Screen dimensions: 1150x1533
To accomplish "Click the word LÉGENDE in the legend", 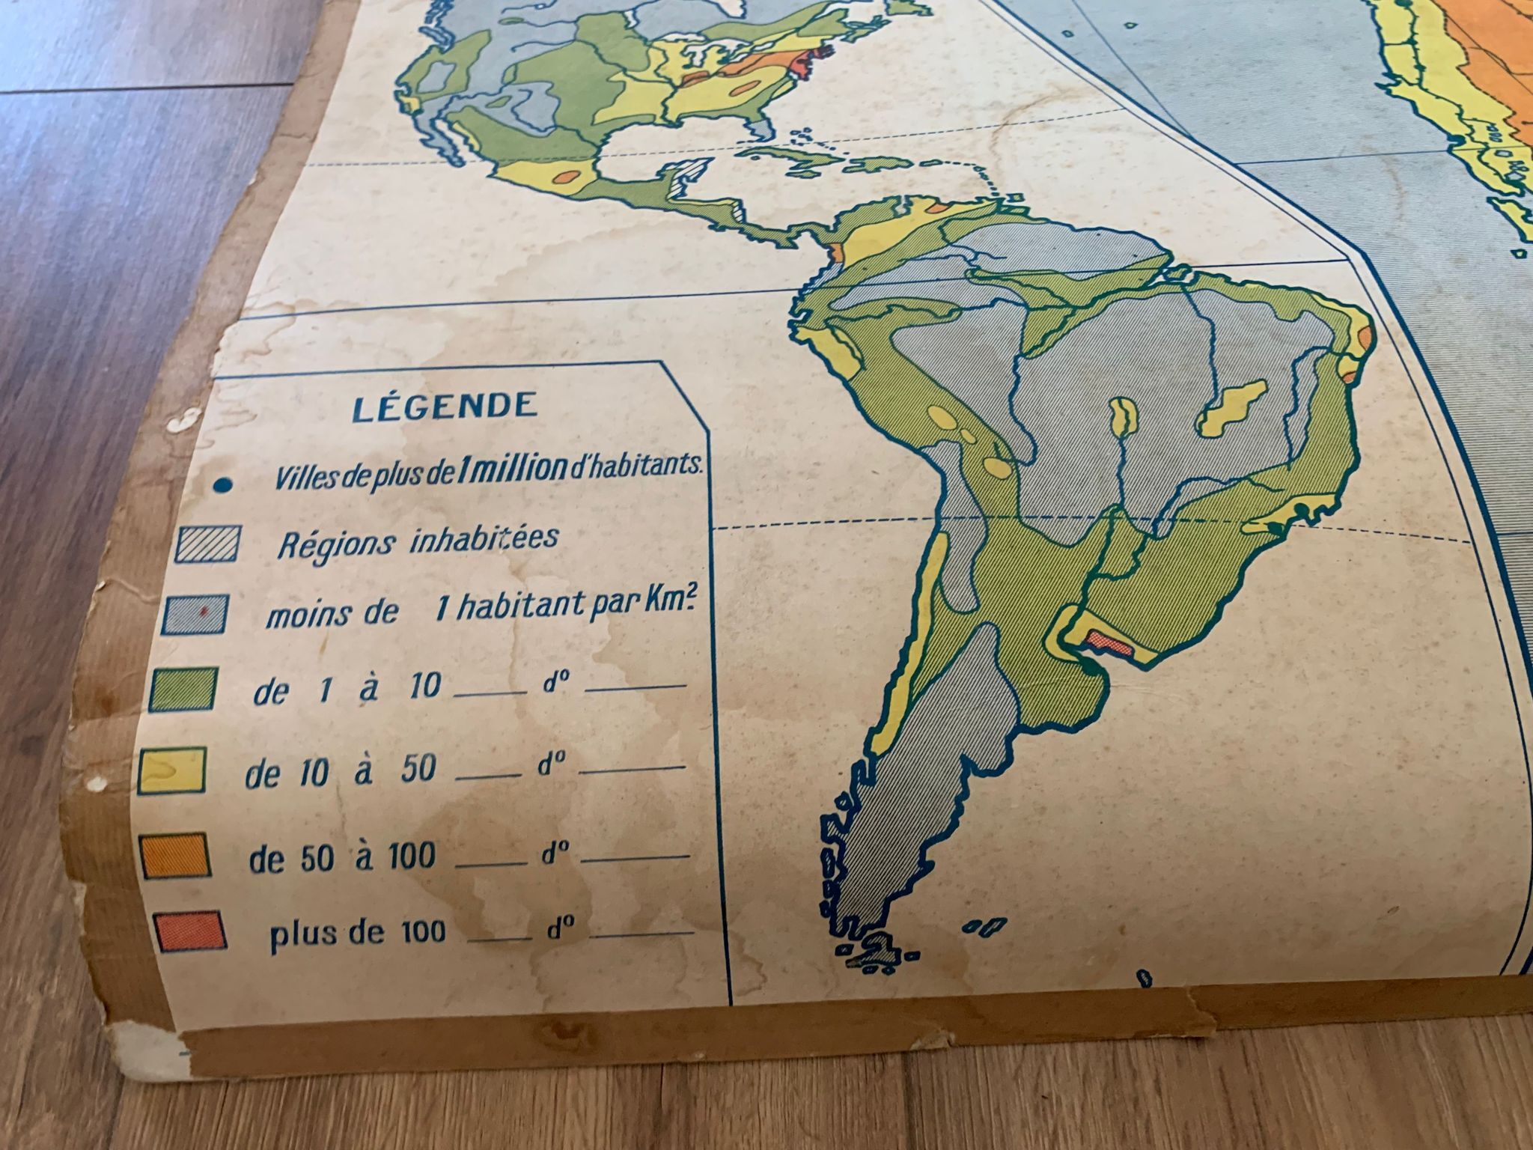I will coord(445,407).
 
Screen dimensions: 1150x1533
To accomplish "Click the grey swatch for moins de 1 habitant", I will coord(194,615).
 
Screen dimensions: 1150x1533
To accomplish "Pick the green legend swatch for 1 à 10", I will coord(183,689).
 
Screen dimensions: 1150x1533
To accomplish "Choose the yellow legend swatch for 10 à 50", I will coord(172,770).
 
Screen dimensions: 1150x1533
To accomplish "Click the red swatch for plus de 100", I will coord(192,930).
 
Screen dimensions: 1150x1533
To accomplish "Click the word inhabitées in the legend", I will coord(484,539).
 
